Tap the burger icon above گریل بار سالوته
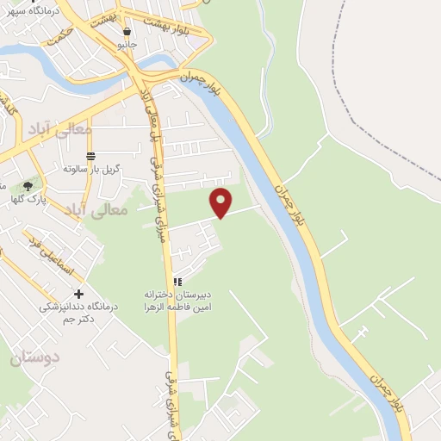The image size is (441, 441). click(x=90, y=154)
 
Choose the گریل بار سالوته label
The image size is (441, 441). click(x=90, y=168)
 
